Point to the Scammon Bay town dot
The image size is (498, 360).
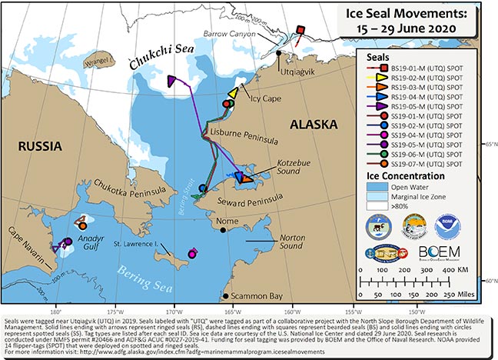pos(224,296)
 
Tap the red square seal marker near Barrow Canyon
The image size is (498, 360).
pos(300,29)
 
